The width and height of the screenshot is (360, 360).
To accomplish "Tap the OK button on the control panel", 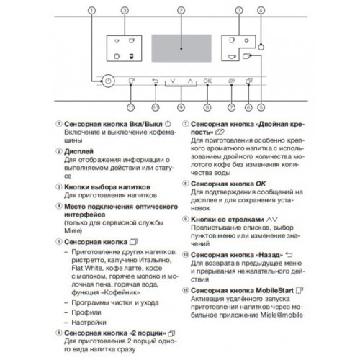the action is pyautogui.click(x=207, y=81).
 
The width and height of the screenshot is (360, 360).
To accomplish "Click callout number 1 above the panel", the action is pyautogui.click(x=91, y=10).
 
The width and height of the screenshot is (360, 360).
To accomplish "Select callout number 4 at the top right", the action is pyautogui.click(x=261, y=10).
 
